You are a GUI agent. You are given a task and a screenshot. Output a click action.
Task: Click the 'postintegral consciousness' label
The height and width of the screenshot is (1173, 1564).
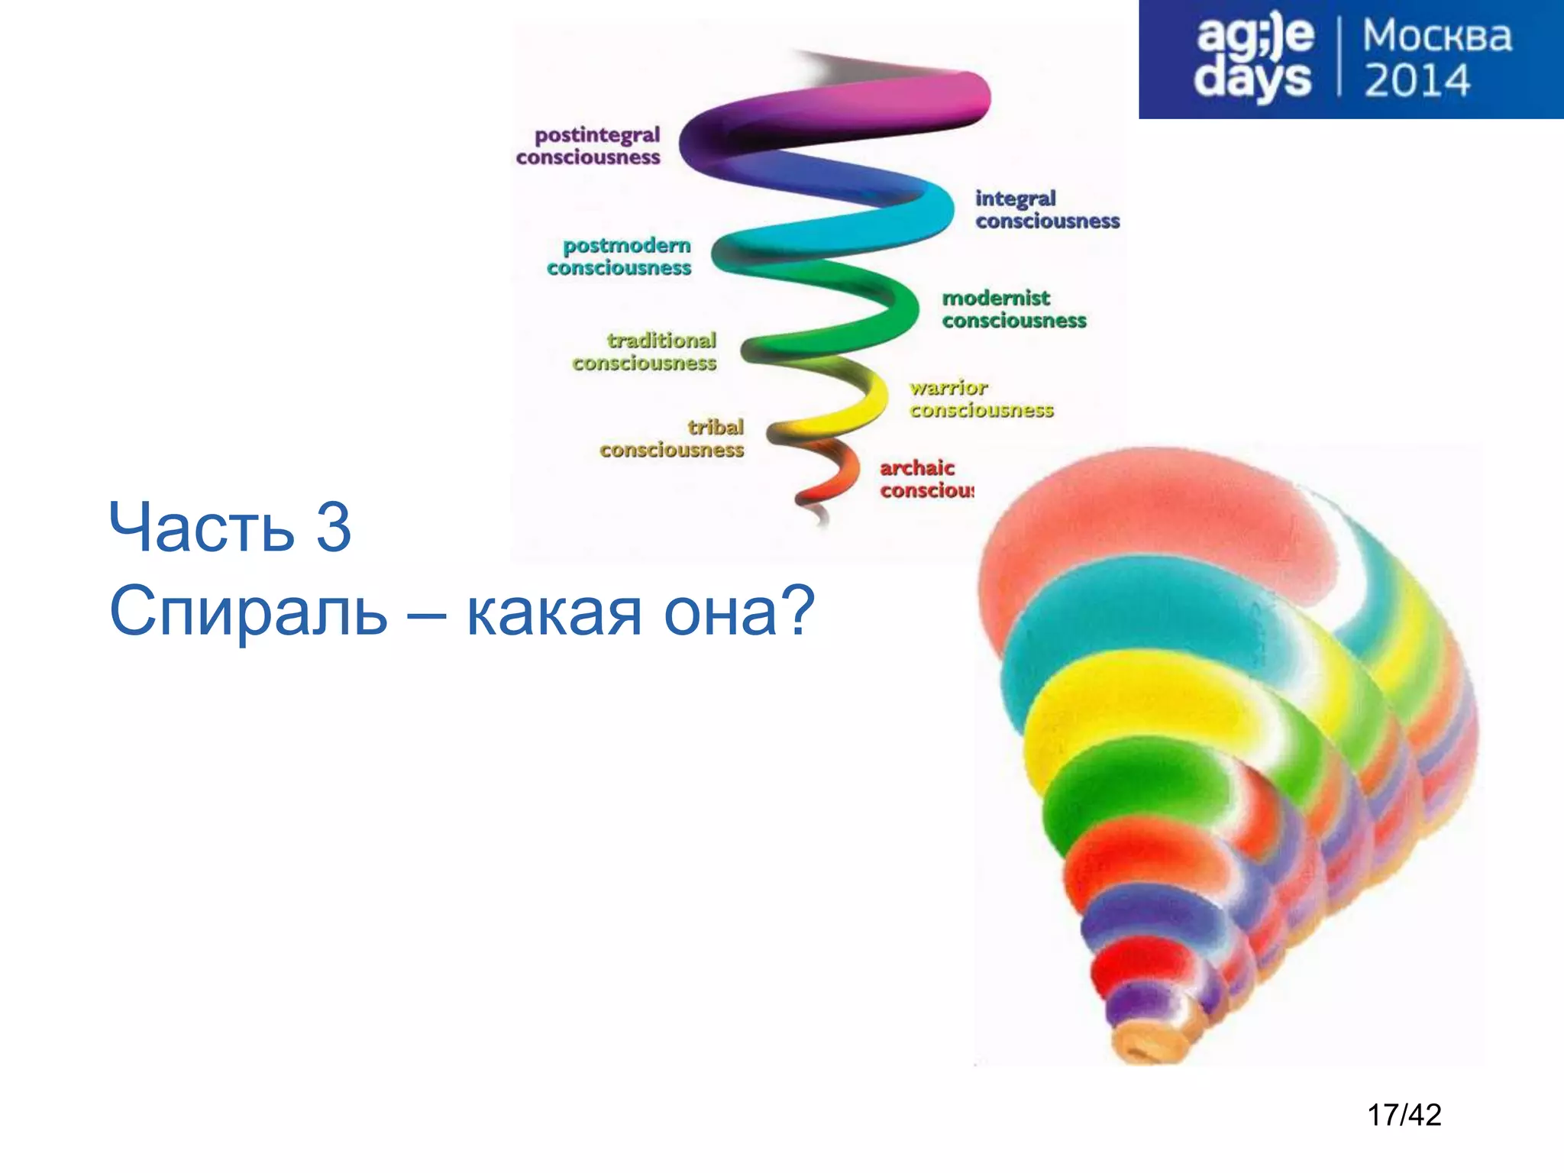click(x=588, y=146)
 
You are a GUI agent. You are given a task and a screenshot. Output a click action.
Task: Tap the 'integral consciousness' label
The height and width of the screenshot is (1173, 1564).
click(x=1046, y=209)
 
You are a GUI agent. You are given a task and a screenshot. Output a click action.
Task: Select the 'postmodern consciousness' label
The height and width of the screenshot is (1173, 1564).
click(x=619, y=257)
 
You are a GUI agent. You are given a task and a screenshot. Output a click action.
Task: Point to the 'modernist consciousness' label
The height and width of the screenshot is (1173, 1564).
click(x=1013, y=309)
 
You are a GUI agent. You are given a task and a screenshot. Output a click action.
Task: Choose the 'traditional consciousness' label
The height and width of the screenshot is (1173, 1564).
click(x=645, y=351)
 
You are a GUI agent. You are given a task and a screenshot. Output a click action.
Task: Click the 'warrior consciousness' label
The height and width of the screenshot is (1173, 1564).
click(x=981, y=399)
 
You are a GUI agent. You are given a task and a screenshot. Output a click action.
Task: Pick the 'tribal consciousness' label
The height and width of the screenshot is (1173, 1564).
click(x=672, y=438)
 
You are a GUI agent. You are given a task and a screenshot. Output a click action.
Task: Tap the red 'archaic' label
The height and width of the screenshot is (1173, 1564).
click(x=917, y=467)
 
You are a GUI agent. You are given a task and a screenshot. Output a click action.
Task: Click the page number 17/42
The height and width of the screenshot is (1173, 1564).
click(x=1404, y=1116)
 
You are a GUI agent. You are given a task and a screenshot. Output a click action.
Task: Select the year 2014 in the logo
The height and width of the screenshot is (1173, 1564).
click(x=1417, y=81)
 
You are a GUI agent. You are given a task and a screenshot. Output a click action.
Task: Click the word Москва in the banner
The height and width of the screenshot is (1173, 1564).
click(x=1437, y=37)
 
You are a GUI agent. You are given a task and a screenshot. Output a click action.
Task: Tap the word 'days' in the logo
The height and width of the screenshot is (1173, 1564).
click(x=1252, y=79)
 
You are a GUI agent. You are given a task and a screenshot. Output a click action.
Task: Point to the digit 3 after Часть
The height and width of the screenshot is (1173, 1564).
click(x=334, y=527)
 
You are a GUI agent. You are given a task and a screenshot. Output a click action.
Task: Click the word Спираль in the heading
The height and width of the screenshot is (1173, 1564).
click(x=249, y=611)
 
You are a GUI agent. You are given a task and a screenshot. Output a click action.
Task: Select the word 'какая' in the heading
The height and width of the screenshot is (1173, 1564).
click(x=554, y=612)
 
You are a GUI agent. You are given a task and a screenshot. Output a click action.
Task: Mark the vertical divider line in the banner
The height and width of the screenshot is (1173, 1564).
click(x=1339, y=58)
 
